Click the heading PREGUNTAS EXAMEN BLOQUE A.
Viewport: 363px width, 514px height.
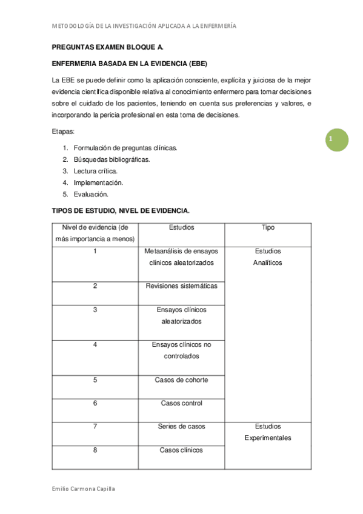(107, 46)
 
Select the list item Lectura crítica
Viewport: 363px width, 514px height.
(95, 171)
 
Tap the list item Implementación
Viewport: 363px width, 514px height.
(98, 182)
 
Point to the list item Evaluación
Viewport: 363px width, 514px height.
(91, 194)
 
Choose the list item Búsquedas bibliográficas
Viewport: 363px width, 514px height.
(112, 159)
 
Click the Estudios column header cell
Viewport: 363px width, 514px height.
(182, 228)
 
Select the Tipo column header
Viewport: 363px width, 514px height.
(268, 228)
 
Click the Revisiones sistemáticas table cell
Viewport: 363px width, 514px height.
(182, 286)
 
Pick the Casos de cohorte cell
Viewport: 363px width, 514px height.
(182, 380)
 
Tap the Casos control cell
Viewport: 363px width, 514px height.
(182, 403)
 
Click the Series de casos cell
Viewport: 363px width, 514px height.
(182, 427)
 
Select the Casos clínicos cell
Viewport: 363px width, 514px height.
(182, 450)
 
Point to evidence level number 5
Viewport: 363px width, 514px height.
(95, 380)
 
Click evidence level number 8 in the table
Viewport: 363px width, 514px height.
(95, 450)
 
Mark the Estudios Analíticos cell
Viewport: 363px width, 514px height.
(268, 257)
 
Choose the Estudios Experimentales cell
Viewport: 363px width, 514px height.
(268, 432)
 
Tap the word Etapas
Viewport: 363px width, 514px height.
(63, 131)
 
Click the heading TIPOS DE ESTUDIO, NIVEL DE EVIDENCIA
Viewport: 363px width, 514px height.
(121, 211)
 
